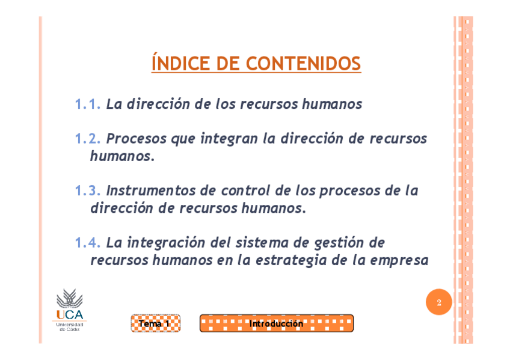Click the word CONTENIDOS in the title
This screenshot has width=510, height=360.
(304, 63)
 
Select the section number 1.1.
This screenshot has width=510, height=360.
(88, 105)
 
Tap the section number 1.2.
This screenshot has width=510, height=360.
(88, 139)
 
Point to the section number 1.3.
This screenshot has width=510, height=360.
(88, 191)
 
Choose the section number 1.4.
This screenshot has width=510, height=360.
(88, 243)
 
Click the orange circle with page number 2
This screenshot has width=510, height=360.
(439, 302)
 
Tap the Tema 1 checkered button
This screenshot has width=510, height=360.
(156, 323)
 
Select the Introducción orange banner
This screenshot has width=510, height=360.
(277, 323)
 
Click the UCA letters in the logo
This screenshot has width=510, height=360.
(70, 315)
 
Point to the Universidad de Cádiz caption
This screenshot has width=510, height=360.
(70, 327)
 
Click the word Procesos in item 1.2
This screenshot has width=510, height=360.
(137, 139)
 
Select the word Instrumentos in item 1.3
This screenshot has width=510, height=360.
(150, 191)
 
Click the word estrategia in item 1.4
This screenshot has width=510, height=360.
(291, 261)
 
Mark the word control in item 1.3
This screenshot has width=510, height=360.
(245, 191)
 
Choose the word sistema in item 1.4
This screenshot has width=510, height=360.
(262, 243)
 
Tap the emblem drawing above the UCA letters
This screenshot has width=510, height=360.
(70, 298)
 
